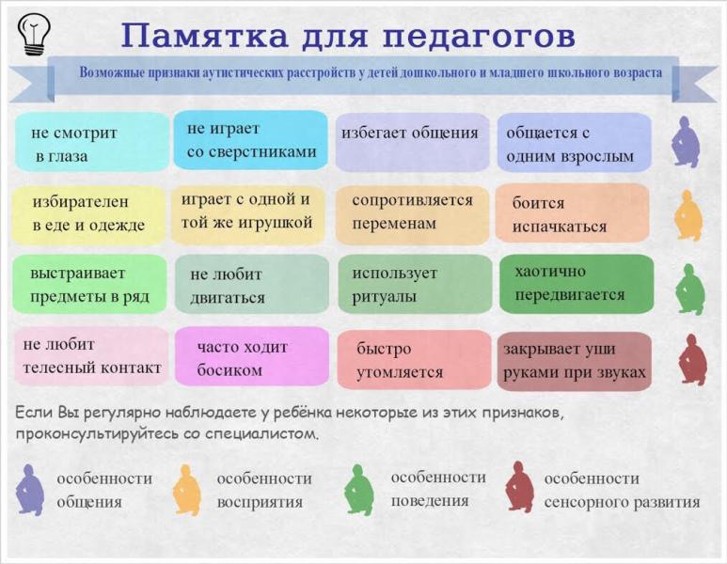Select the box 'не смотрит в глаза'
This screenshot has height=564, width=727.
pyautogui.click(x=91, y=143)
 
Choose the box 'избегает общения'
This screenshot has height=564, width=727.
pyautogui.click(x=412, y=142)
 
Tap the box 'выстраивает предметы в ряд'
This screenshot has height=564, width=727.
pyautogui.click(x=90, y=285)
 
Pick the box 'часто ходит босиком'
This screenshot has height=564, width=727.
pyautogui.click(x=250, y=357)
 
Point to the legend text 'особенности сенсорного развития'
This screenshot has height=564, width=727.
pyautogui.click(x=622, y=490)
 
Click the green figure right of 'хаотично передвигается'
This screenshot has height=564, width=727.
pyautogui.click(x=690, y=288)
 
